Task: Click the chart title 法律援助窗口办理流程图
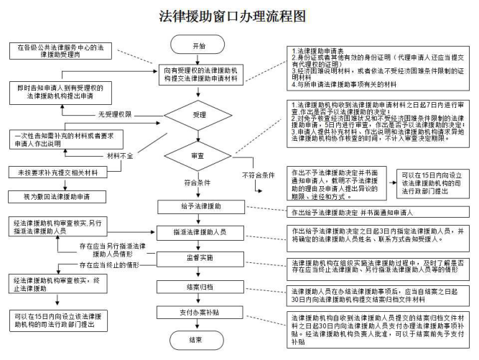[x=238, y=16]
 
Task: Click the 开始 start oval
[x=194, y=46]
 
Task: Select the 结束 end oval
[x=195, y=338]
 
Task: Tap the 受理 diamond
[x=195, y=114]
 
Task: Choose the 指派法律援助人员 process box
[x=195, y=233]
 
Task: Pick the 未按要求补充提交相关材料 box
[x=57, y=172]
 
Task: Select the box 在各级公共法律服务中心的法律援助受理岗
[x=56, y=51]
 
